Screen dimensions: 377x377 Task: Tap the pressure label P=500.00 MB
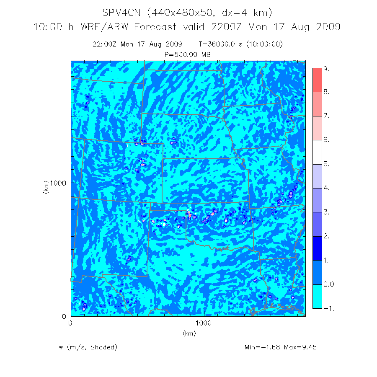click(188, 54)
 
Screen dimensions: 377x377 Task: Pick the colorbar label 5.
click(327, 165)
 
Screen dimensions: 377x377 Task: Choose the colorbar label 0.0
click(329, 284)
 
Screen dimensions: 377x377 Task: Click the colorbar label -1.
click(328, 308)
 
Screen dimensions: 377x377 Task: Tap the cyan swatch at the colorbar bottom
click(317, 297)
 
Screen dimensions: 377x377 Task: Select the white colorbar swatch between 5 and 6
click(317, 152)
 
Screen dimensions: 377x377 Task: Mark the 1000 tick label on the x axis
click(204, 323)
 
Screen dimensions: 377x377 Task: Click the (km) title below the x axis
click(189, 333)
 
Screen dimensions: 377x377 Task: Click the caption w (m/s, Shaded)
click(88, 347)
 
